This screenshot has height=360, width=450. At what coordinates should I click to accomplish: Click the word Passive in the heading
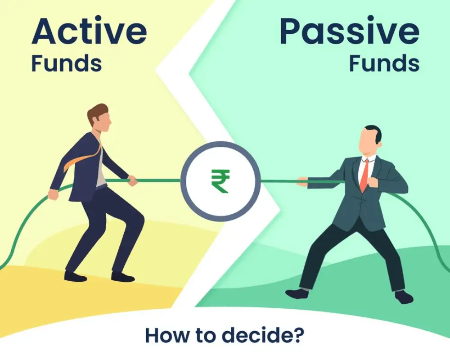click(x=349, y=31)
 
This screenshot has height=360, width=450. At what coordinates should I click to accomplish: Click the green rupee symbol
click(x=220, y=181)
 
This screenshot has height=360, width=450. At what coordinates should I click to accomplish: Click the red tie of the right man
click(x=364, y=175)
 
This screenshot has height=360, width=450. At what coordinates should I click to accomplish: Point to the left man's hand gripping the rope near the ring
click(x=132, y=180)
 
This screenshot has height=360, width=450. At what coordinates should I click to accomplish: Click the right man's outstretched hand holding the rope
click(x=302, y=182)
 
